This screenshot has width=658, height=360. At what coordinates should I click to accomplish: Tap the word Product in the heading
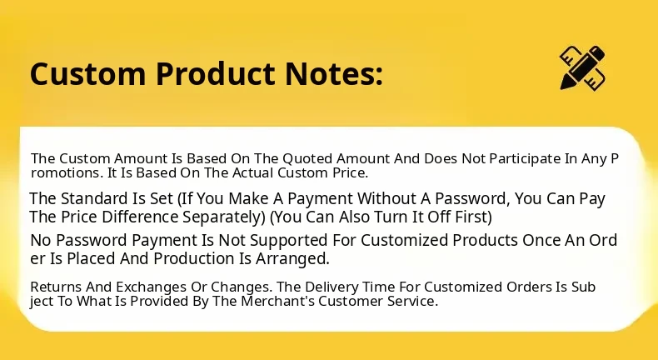click(215, 73)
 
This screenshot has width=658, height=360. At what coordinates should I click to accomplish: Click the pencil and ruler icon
click(582, 67)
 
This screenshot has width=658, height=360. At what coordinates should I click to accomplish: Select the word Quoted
click(307, 159)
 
